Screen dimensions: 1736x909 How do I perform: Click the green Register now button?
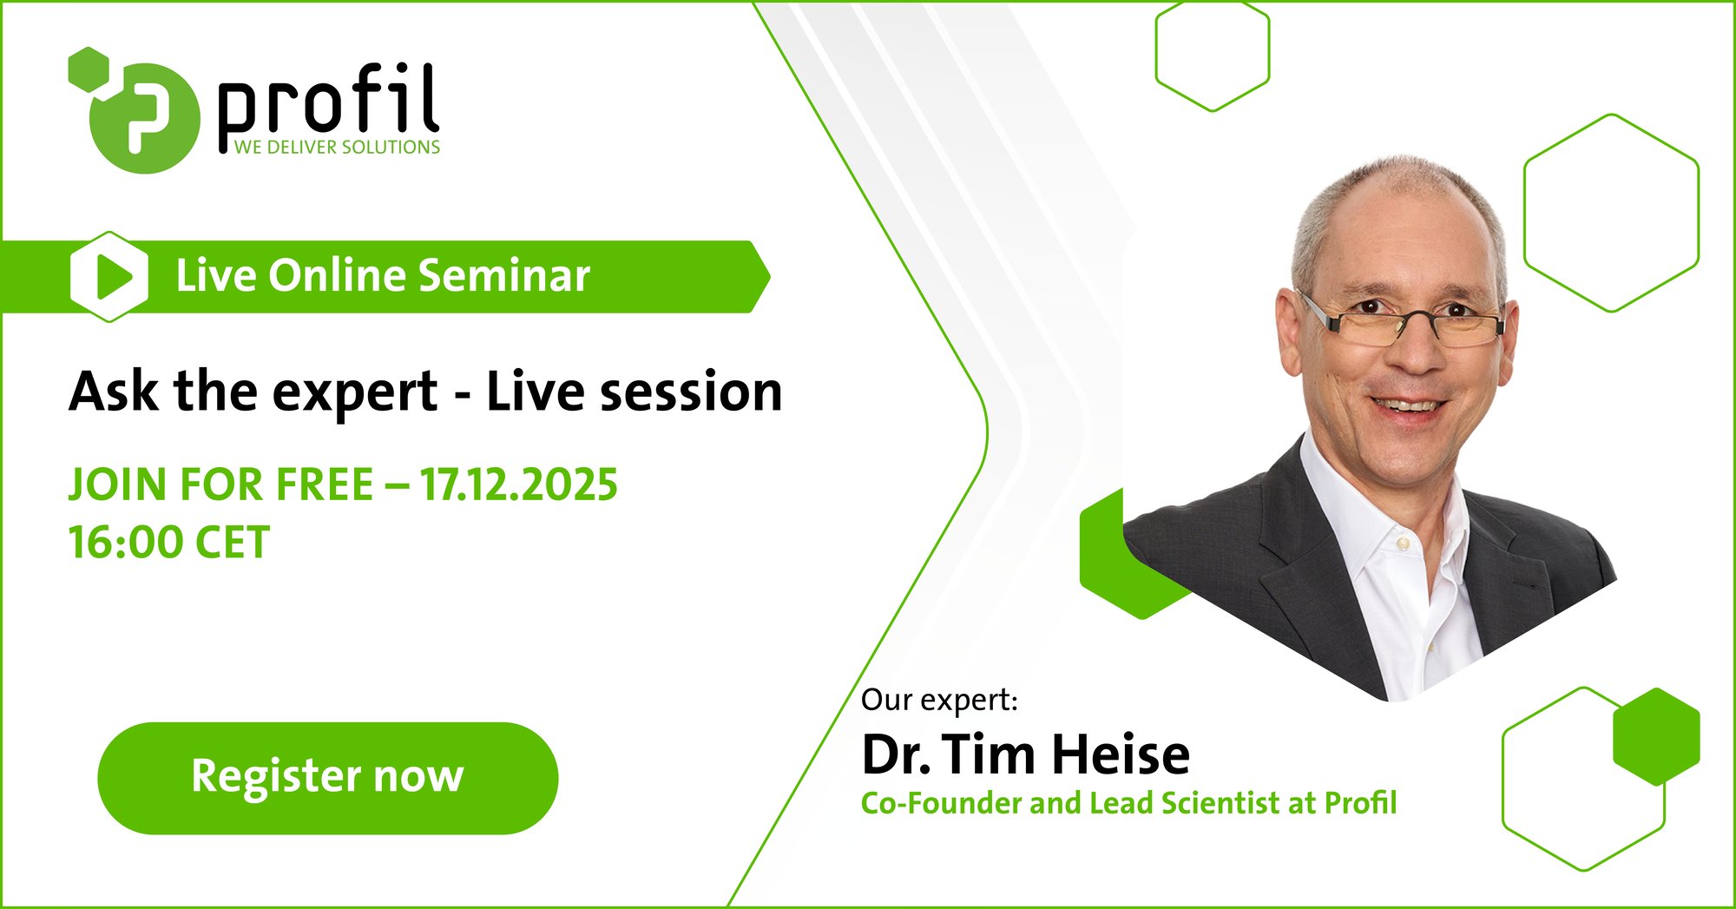327,778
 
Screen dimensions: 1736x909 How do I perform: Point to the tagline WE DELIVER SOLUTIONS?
337,148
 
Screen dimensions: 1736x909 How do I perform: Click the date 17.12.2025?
519,484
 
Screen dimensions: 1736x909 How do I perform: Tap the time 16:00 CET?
169,543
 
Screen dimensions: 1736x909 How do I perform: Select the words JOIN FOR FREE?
221,484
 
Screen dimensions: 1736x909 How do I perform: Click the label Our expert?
939,700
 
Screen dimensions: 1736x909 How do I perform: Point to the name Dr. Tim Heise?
1025,754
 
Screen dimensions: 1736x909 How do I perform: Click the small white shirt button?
1403,543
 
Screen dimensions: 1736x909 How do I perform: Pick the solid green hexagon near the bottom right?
1656,736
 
